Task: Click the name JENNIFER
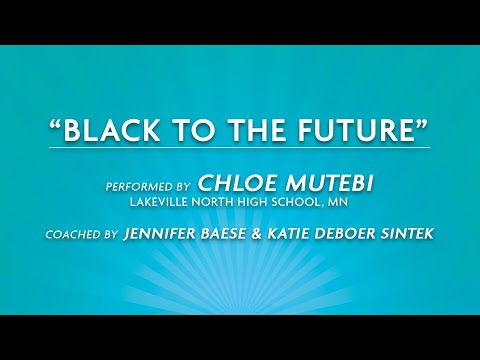point(163,235)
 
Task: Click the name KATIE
point(305,235)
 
